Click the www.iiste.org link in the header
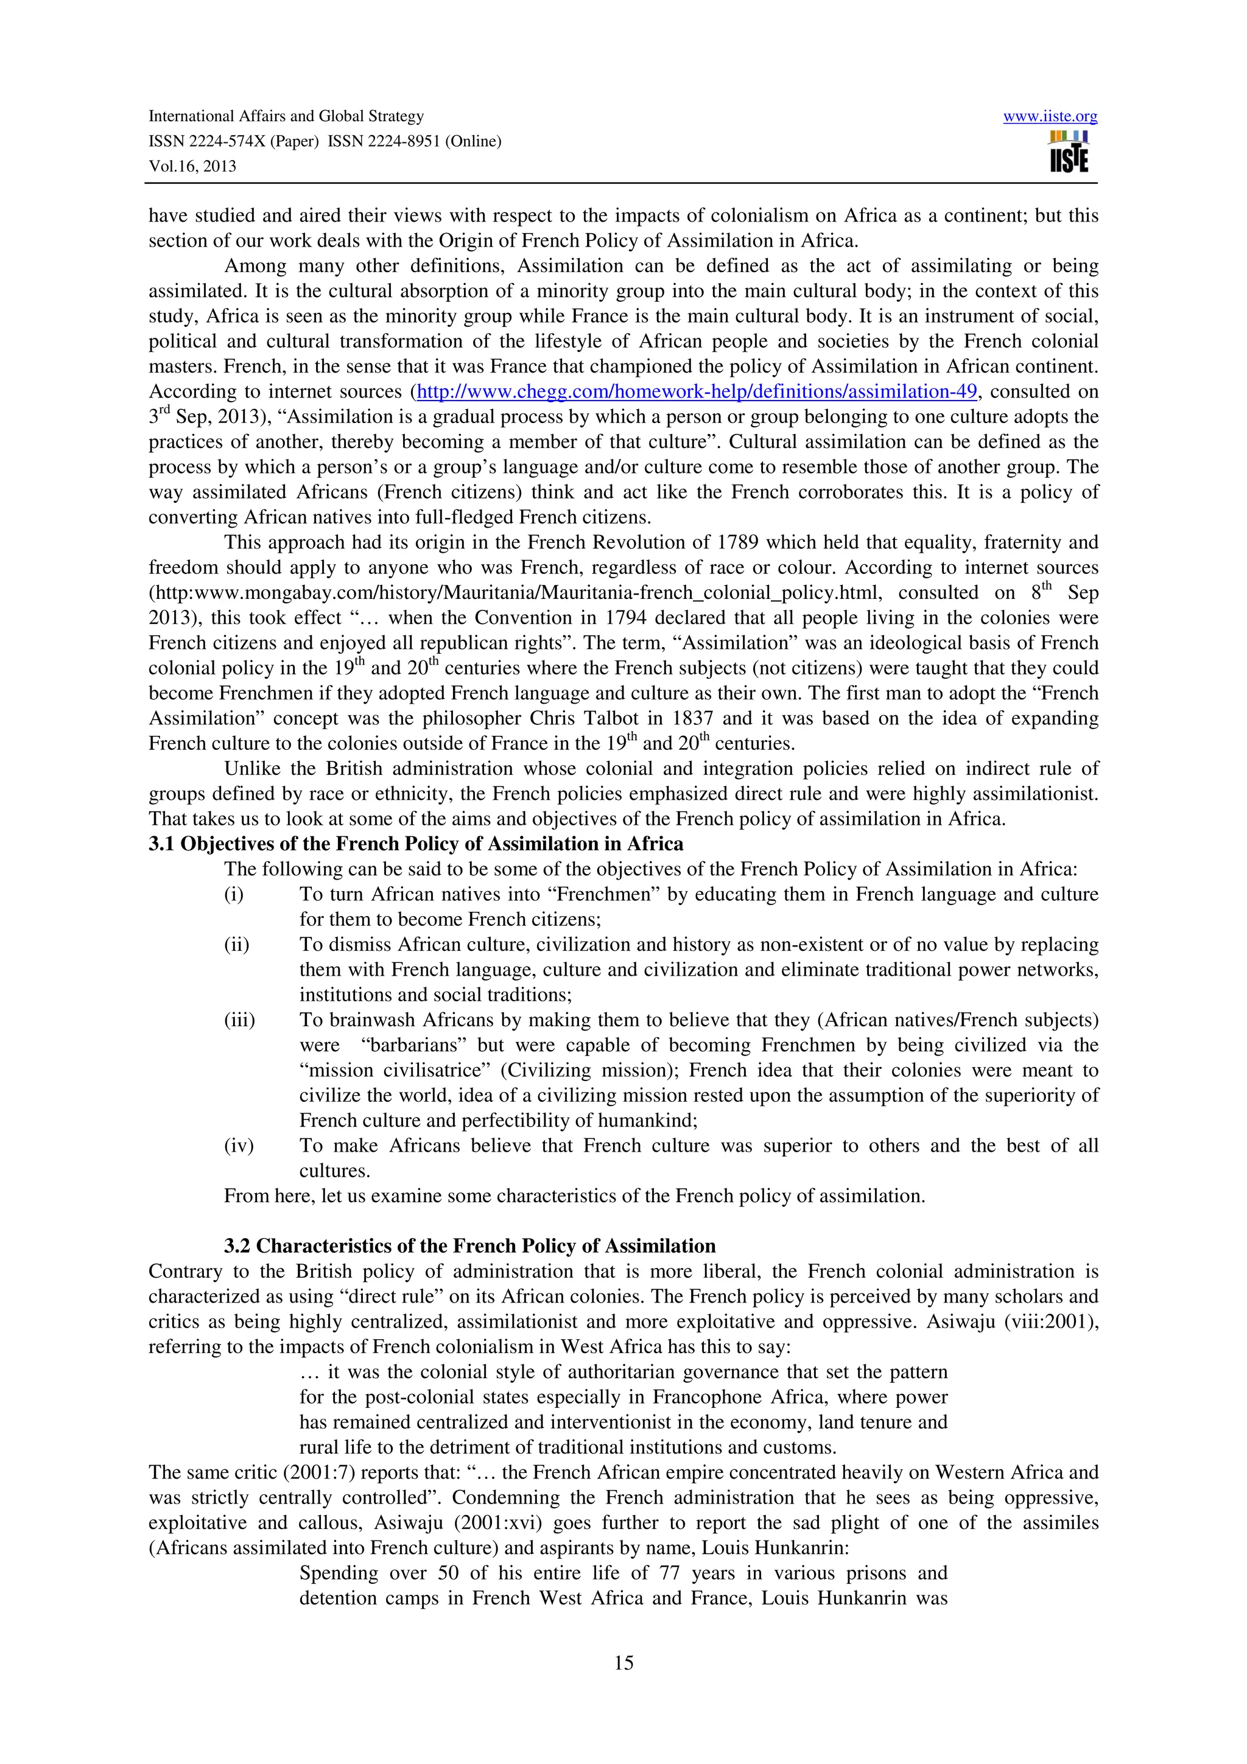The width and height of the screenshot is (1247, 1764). point(1050,117)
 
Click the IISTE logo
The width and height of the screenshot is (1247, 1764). point(1068,152)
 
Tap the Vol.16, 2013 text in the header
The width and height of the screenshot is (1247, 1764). point(192,166)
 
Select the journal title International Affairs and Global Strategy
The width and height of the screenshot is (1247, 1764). point(286,116)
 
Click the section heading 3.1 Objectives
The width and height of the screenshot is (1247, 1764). point(416,844)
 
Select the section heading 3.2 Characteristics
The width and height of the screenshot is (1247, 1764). point(469,1246)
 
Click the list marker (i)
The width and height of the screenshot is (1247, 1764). point(234,894)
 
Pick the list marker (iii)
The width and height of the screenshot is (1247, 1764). point(239,1020)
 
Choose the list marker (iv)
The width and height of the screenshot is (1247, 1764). point(238,1146)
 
